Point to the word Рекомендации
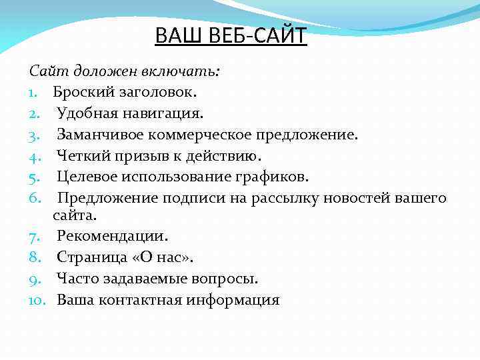tap(112, 235)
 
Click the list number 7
tap(35, 235)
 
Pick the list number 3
tap(35, 135)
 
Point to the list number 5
tap(35, 177)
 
